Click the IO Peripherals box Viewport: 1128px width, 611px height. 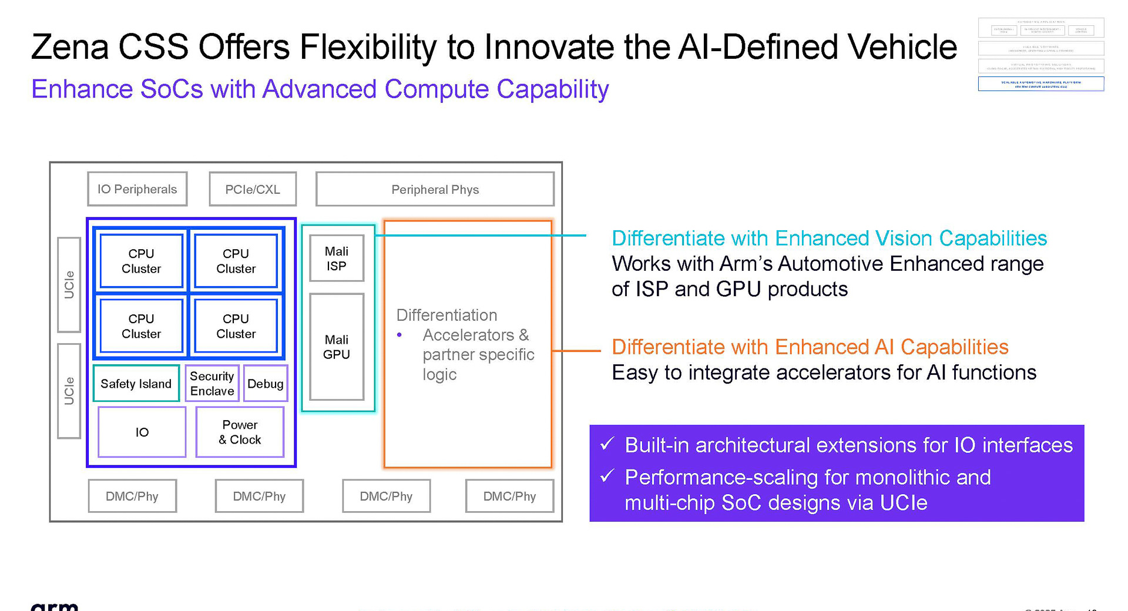[137, 189]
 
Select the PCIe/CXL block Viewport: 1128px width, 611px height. [253, 189]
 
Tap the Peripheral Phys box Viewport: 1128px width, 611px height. [435, 189]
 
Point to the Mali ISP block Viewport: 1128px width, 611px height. [337, 258]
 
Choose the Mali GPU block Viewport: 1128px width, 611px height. [337, 347]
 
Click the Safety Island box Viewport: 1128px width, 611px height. [136, 384]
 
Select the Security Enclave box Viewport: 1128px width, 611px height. [212, 384]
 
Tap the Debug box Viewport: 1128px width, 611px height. [266, 384]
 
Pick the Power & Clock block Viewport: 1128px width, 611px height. [240, 432]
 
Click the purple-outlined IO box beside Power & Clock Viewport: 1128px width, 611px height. [142, 432]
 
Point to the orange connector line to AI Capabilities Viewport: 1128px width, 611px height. [576, 351]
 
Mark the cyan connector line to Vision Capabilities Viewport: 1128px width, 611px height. [482, 235]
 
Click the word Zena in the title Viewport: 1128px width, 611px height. [69, 47]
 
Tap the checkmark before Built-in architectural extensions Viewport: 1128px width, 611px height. [607, 444]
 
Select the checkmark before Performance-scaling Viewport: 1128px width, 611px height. [607, 476]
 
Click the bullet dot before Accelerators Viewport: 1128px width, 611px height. [399, 335]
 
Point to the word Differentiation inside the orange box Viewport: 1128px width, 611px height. [446, 315]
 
